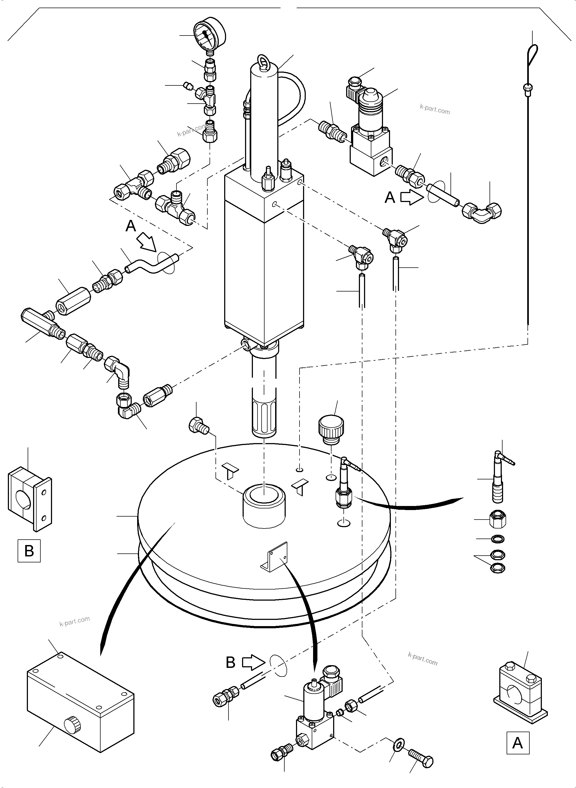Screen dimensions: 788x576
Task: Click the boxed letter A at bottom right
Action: pos(517,743)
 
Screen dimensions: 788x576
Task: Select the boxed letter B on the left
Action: pos(29,551)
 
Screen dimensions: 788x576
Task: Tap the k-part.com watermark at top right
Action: pos(435,110)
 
